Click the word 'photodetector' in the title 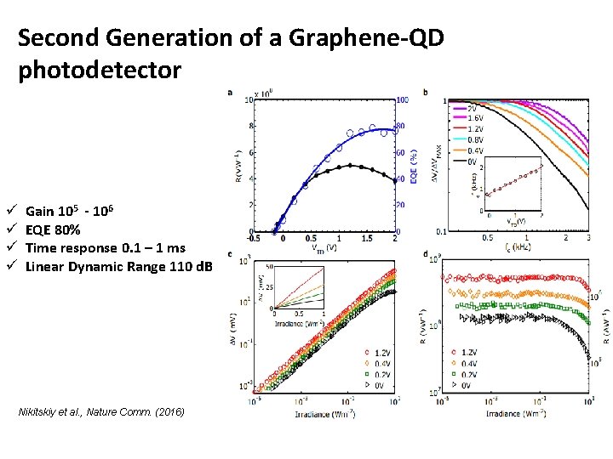[100, 71]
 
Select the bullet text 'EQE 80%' [53, 229]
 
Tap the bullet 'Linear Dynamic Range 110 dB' [119, 267]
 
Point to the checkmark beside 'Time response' [10, 248]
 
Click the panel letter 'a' [230, 93]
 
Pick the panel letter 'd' [425, 254]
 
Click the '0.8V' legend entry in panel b [473, 139]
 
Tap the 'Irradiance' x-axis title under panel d [517, 414]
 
